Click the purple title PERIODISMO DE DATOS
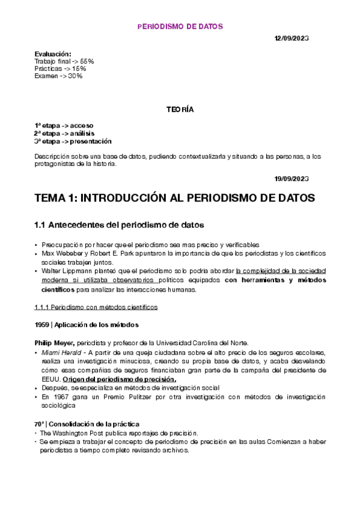click(180, 26)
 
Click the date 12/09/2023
click(291, 38)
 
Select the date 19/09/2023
click(291, 179)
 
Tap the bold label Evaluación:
click(53, 54)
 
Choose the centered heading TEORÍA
click(180, 109)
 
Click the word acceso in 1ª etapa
click(81, 125)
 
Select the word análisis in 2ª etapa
click(82, 133)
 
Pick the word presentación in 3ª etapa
click(91, 141)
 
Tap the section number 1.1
click(40, 225)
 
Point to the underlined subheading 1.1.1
click(96, 307)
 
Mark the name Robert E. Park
click(104, 253)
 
